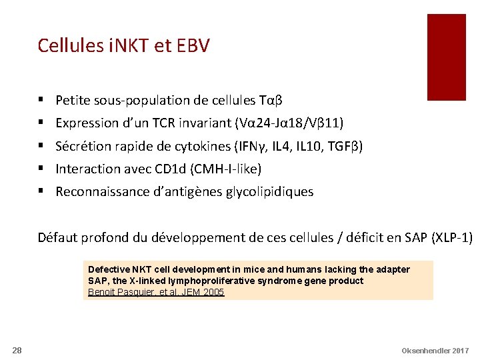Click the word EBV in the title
tap(194, 45)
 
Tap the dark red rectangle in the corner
tap(446, 57)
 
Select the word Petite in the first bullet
tap(73, 101)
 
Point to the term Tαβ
tap(270, 101)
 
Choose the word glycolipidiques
tap(270, 192)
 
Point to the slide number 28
tap(18, 351)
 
